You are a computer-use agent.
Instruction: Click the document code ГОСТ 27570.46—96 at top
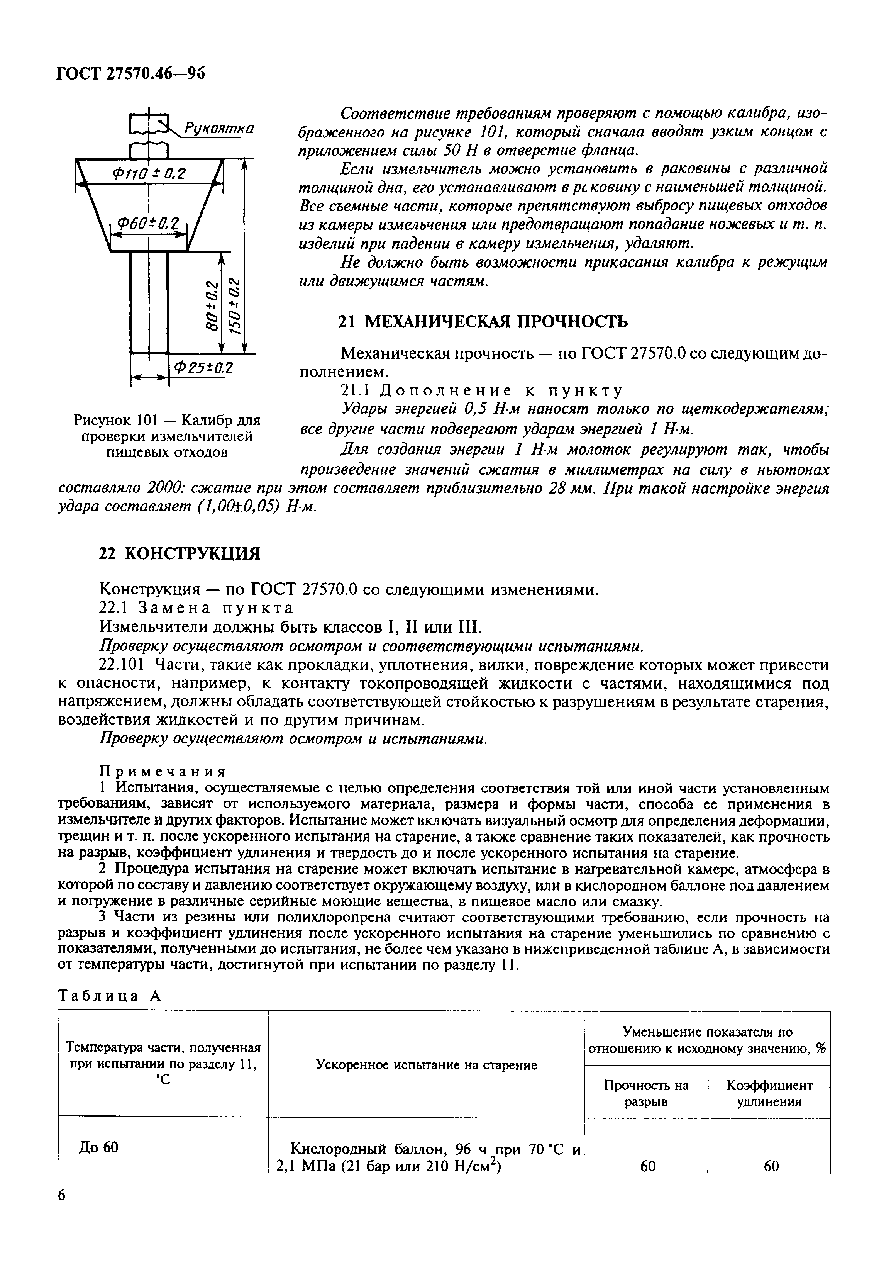[x=130, y=73]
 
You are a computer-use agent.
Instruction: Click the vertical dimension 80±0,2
[x=212, y=306]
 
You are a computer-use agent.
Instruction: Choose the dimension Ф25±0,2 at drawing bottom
[x=203, y=368]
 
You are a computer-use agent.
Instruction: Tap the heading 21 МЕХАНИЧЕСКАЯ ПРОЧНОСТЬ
[x=484, y=321]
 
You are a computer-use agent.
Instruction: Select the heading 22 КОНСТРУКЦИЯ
[x=180, y=554]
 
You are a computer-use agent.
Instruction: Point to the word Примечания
[x=163, y=771]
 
